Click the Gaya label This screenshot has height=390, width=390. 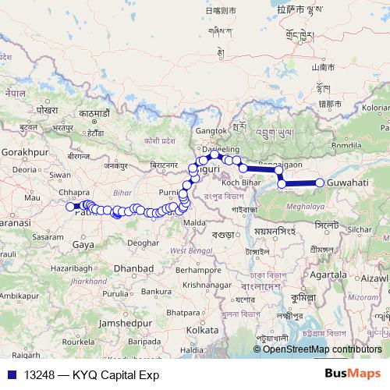tap(82, 245)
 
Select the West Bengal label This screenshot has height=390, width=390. tap(188, 250)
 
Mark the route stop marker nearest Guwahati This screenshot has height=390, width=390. tap(320, 183)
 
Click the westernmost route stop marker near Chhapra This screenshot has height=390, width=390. tap(70, 207)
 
